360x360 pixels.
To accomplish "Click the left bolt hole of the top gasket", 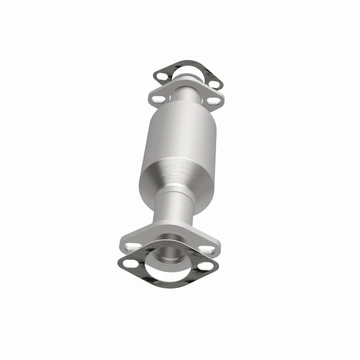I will (161, 72).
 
